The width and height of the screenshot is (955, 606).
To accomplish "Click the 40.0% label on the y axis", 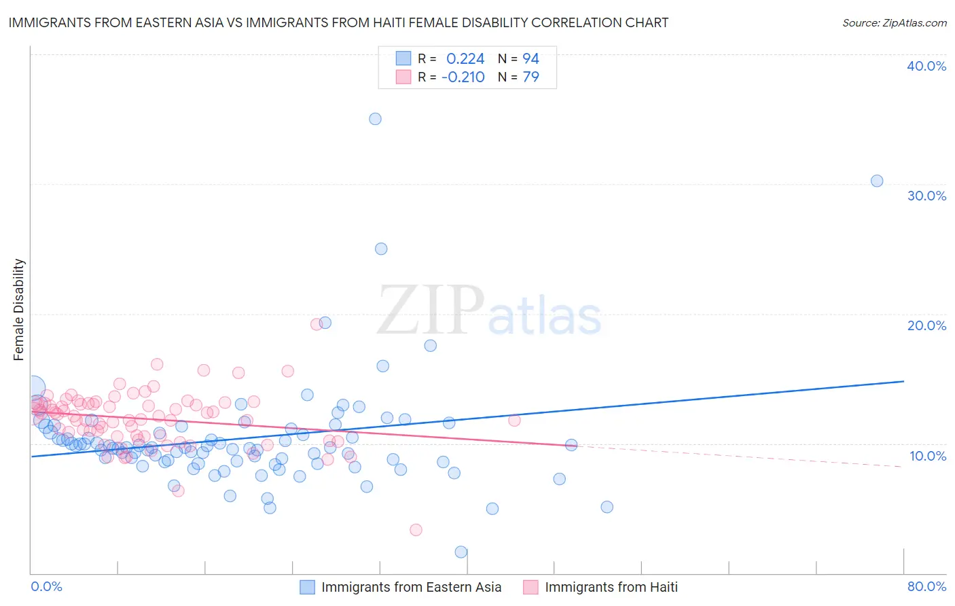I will pos(926,66).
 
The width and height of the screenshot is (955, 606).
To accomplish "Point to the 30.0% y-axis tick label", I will pos(926,196).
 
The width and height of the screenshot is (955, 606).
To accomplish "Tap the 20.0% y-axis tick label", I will pos(926,325).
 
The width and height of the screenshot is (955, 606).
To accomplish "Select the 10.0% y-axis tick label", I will pos(927,456).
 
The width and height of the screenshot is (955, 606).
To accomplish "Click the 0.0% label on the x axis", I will pos(46,586).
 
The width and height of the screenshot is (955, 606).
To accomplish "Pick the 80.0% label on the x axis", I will pos(926,586).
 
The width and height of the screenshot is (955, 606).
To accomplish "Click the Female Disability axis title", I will pos(19,309).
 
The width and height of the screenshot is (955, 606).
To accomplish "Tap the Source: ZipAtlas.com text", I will pos(894,23).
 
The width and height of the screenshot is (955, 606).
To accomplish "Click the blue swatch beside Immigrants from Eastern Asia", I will pos(308,587).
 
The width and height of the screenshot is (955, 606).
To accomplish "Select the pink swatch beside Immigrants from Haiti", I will pos(531,587).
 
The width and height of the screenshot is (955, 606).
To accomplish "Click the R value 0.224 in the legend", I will pos(465,59).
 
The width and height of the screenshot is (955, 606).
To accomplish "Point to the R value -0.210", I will pos(463,77).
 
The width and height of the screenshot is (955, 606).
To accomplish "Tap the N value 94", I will pos(530,59).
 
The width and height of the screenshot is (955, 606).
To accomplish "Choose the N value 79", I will pos(530,77).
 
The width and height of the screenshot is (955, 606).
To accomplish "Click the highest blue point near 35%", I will pos(375,119).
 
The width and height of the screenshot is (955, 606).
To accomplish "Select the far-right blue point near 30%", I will pos(877,181).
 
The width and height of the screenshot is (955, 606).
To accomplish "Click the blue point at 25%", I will pos(381,249).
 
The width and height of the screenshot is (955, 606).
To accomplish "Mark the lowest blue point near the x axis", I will pos(461,552).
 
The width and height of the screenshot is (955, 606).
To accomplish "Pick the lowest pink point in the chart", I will pos(416,530).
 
